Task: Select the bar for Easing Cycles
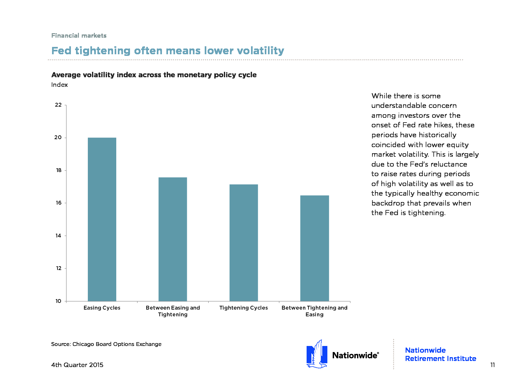[102, 219]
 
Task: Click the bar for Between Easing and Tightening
[173, 239]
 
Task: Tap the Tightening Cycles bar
[244, 243]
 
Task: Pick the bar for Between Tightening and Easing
[315, 248]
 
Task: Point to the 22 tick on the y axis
[58, 105]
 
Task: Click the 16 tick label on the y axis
[58, 203]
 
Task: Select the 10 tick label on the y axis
[58, 301]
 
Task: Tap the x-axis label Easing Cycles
[102, 308]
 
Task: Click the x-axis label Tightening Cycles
[244, 308]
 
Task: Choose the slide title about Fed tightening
[168, 50]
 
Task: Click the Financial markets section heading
[79, 35]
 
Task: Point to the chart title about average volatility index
[154, 75]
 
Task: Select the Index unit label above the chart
[59, 85]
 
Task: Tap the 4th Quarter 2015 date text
[77, 365]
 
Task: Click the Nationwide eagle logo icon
[317, 354]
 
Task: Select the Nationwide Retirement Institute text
[440, 354]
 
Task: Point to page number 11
[492, 365]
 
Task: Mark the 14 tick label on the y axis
[58, 236]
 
